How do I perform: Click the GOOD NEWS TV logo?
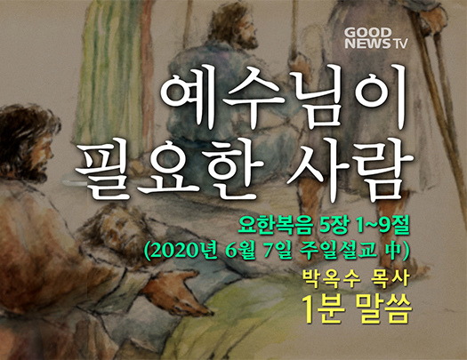(x=376, y=38)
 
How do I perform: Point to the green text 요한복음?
(x=275, y=228)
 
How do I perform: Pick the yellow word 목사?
(x=390, y=279)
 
